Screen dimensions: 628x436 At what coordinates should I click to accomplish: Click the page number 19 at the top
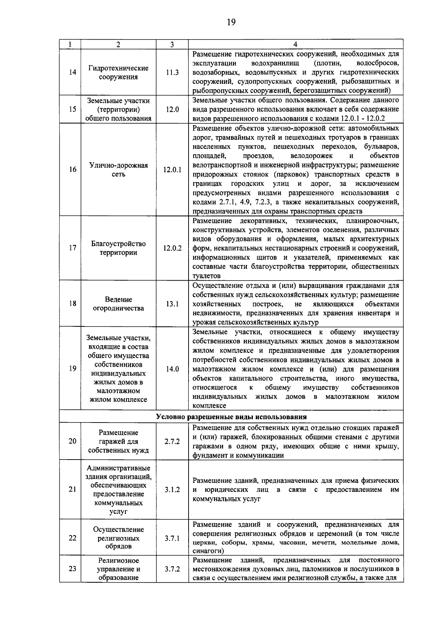[231, 23]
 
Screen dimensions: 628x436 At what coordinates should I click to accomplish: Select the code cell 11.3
[172, 72]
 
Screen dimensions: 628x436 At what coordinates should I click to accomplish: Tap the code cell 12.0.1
[172, 170]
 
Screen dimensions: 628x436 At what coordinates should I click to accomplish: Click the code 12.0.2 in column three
[172, 248]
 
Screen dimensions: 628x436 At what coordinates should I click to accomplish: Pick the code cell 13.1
[172, 304]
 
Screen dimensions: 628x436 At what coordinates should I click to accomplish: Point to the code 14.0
[172, 369]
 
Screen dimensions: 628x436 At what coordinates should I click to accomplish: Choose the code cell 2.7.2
[172, 442]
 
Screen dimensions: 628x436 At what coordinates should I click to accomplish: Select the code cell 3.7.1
[172, 538]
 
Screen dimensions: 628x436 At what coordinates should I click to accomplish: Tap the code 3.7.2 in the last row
[172, 569]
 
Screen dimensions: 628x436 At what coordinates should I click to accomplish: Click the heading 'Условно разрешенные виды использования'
[231, 417]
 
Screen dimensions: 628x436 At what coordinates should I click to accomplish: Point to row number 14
[72, 72]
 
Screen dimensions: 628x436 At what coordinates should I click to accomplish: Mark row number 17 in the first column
[72, 248]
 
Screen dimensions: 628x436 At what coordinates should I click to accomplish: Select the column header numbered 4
[295, 44]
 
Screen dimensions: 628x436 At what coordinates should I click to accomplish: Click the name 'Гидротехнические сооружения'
[118, 73]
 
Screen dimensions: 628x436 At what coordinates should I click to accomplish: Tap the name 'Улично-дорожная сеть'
[118, 170]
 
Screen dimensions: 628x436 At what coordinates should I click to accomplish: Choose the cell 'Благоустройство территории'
[118, 248]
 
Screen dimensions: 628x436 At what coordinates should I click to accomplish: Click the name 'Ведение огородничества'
[118, 304]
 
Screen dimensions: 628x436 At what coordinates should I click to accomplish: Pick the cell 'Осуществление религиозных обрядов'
[118, 538]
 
